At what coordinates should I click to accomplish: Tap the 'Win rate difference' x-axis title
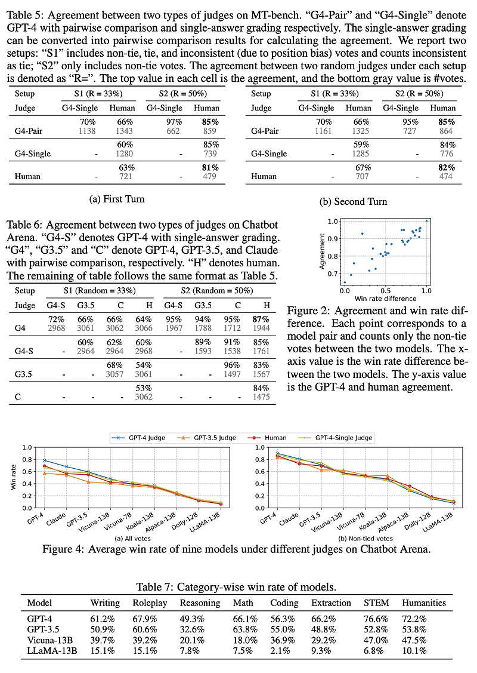tap(385, 298)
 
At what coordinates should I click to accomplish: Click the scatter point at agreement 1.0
tap(426, 221)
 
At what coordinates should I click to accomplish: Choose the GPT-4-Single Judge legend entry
tap(344, 438)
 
